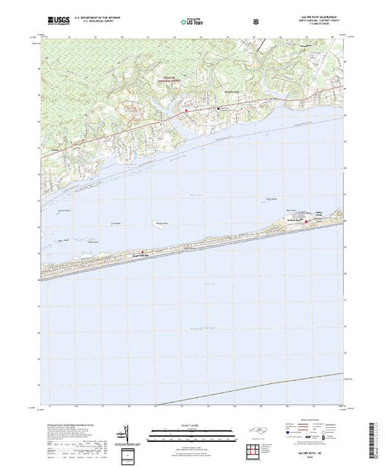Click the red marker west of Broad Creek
pos(186,111)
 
